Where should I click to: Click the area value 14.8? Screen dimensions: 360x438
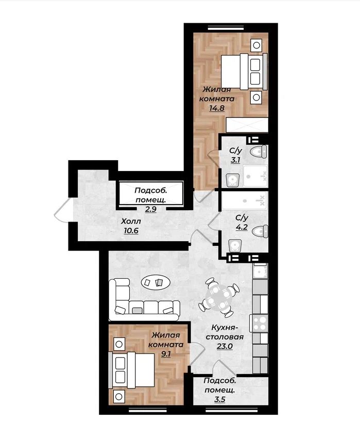(x=217, y=108)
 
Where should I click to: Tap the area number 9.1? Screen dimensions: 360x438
(x=166, y=354)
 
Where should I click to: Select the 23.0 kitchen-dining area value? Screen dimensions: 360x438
(x=225, y=346)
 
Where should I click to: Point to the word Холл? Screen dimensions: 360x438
(x=131, y=222)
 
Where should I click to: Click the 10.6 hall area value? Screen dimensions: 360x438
(x=131, y=231)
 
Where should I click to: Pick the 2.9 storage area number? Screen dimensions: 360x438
(x=150, y=209)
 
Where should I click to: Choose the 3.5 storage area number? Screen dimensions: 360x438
(x=220, y=399)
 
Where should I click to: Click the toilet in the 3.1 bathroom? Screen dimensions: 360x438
(x=259, y=152)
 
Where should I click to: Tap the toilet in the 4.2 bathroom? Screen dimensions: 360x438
(x=260, y=231)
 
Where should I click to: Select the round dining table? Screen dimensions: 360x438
(x=219, y=297)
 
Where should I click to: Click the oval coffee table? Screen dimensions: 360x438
(x=156, y=282)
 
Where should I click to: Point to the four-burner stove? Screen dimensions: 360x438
(x=260, y=323)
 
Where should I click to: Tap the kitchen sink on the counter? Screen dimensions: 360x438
(x=260, y=271)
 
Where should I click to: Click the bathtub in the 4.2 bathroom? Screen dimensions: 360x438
(x=245, y=200)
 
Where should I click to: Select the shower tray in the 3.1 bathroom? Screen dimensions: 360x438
(x=255, y=176)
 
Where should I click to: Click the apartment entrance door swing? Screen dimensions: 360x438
(x=62, y=211)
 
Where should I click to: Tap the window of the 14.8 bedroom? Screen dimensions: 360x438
(x=227, y=27)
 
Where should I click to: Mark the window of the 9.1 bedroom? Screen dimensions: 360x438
(x=148, y=410)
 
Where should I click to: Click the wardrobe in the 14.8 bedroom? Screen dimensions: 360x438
(x=247, y=125)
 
